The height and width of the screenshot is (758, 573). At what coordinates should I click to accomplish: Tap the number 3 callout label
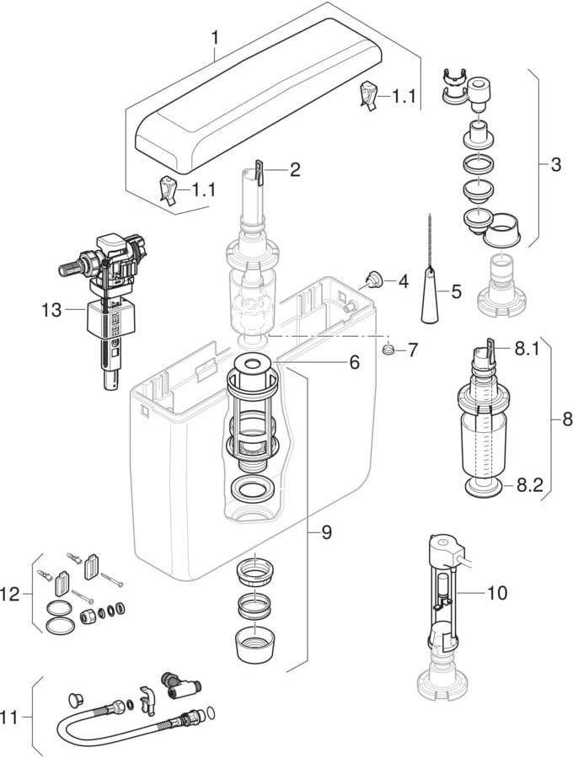554,165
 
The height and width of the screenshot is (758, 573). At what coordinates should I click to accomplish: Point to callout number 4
403,281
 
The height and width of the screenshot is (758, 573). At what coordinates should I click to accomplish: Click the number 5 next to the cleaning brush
456,292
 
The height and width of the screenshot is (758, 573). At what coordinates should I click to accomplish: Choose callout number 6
354,362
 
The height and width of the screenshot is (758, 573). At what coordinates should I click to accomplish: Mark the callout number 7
412,349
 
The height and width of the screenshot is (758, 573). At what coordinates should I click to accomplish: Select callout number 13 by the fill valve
52,310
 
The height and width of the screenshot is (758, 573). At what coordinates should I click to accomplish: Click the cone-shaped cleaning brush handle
431,302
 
